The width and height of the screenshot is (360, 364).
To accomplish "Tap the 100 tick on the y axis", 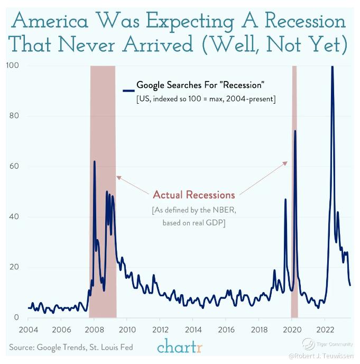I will pyautogui.click(x=13, y=66).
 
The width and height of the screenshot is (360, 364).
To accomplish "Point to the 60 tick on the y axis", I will pyautogui.click(x=14, y=167).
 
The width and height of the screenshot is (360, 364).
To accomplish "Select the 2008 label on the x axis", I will pyautogui.click(x=95, y=329).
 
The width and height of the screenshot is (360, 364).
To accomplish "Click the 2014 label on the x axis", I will pyautogui.click(x=193, y=329).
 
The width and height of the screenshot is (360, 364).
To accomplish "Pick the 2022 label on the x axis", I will pyautogui.click(x=325, y=329).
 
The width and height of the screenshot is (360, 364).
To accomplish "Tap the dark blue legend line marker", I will pyautogui.click(x=128, y=89).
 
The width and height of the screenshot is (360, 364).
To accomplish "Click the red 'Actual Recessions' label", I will pyautogui.click(x=193, y=194).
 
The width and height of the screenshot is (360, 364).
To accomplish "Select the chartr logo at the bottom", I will pyautogui.click(x=180, y=347).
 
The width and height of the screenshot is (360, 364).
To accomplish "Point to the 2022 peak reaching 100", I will pyautogui.click(x=332, y=67).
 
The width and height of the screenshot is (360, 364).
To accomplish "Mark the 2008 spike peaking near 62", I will pyautogui.click(x=95, y=161).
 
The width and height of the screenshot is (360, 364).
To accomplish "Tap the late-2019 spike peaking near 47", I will pyautogui.click(x=285, y=199).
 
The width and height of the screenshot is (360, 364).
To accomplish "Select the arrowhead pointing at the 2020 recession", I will pyautogui.click(x=286, y=163).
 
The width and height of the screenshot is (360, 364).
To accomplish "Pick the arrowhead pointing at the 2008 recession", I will pyautogui.click(x=118, y=177).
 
